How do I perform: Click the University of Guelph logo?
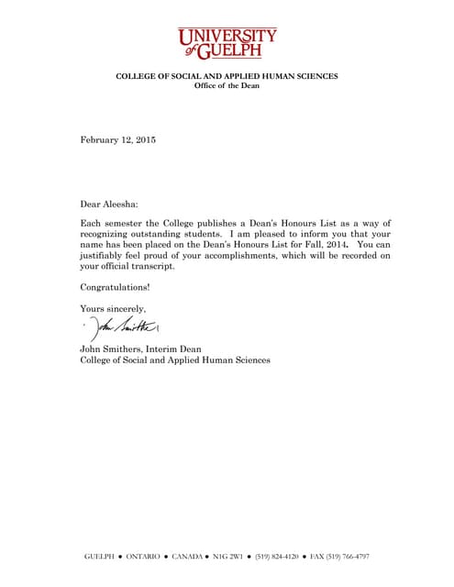coord(227,42)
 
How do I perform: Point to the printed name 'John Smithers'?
coord(110,349)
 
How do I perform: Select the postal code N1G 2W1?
coord(233,557)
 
